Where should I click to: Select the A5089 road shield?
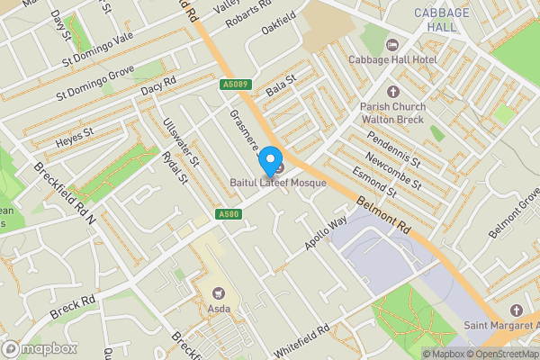235,85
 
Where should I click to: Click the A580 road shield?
228,214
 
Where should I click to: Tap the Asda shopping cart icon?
217,292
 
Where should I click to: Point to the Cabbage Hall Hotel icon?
391,44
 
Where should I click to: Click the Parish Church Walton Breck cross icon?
391,92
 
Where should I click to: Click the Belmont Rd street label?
383,218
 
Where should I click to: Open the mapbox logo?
38,348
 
